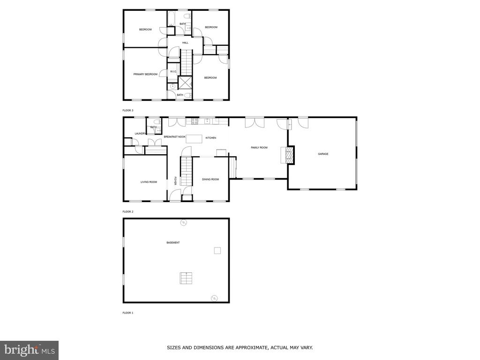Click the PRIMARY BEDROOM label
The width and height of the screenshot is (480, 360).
(145, 75)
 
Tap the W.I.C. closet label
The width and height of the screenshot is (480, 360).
(173, 72)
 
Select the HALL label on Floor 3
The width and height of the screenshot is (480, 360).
(185, 43)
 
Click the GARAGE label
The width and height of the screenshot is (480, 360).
(323, 154)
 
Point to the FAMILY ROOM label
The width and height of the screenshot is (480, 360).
(259, 148)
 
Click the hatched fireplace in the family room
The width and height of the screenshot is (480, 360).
(289, 155)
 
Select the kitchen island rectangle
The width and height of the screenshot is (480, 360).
(194, 139)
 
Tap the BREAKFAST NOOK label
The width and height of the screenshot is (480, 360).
(174, 137)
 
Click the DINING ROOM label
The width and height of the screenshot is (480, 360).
(210, 180)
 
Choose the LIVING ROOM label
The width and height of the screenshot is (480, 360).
(149, 182)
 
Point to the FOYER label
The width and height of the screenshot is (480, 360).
(175, 180)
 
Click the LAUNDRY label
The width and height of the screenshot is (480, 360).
(141, 134)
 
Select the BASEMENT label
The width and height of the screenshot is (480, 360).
(173, 243)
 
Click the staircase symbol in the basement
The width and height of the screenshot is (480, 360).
(186, 278)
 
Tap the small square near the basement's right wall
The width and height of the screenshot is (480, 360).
(217, 251)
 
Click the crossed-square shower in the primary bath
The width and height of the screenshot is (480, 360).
(185, 82)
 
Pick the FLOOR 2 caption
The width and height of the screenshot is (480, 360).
(128, 211)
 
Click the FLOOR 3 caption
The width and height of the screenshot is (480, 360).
(128, 110)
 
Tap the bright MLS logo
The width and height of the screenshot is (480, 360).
(30, 350)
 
